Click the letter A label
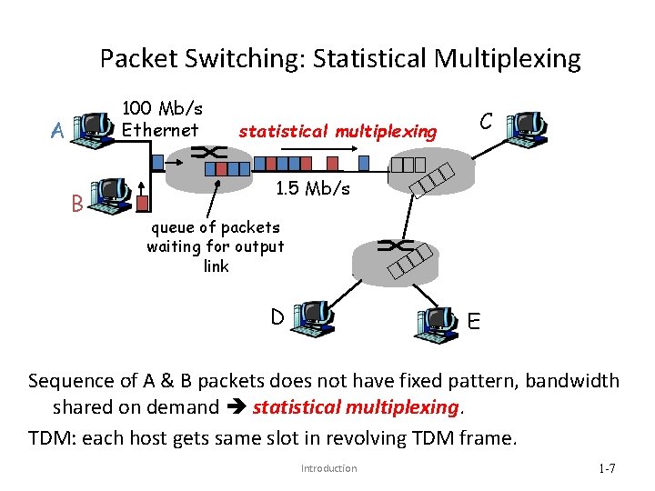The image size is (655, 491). pyautogui.click(x=58, y=132)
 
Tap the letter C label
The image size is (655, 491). pyautogui.click(x=487, y=122)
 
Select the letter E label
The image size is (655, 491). pyautogui.click(x=474, y=322)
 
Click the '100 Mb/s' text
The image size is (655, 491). pyautogui.click(x=163, y=109)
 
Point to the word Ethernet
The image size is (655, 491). pyautogui.click(x=160, y=130)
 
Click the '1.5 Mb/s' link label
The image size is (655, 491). pyautogui.click(x=312, y=188)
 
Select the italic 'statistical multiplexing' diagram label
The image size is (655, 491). pyautogui.click(x=338, y=132)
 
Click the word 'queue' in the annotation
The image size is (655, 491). pyautogui.click(x=171, y=226)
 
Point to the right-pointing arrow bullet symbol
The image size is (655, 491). pyautogui.click(x=236, y=407)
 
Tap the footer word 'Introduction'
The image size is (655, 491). pyautogui.click(x=328, y=468)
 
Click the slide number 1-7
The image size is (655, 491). pyautogui.click(x=607, y=468)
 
